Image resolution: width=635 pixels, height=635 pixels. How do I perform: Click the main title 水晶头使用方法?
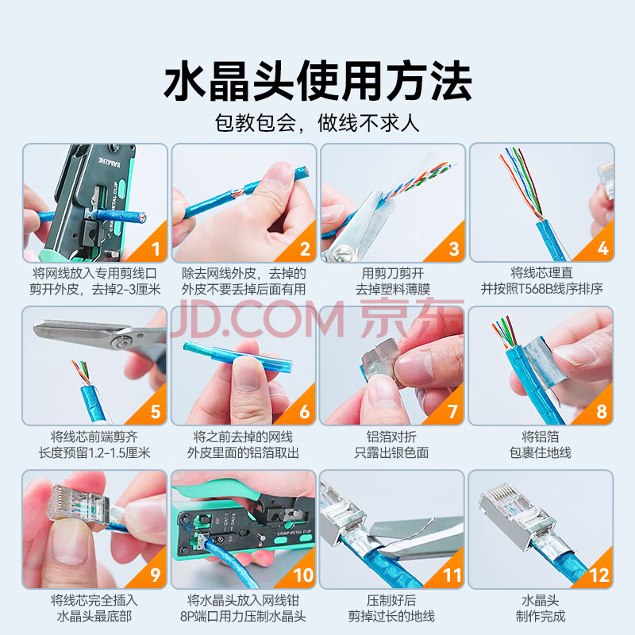pyautogui.click(x=317, y=81)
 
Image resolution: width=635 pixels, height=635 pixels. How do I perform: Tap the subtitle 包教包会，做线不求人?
pyautogui.click(x=317, y=123)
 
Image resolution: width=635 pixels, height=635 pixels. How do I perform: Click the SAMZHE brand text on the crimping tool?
pyautogui.click(x=110, y=161)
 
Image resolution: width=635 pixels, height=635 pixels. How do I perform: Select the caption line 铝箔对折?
pyautogui.click(x=391, y=437)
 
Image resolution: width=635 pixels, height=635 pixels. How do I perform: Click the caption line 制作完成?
pyautogui.click(x=541, y=617)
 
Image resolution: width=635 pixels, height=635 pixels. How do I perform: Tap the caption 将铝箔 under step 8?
pyautogui.click(x=541, y=437)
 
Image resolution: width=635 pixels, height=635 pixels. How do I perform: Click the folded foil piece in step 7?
pyautogui.click(x=379, y=359)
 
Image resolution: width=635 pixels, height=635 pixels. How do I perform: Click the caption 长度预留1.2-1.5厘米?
pyautogui.click(x=94, y=452)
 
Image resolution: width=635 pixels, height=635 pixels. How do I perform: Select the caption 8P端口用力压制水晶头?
pyautogui.click(x=243, y=617)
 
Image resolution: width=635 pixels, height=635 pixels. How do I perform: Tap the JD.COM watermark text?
pyautogui.click(x=257, y=320)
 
